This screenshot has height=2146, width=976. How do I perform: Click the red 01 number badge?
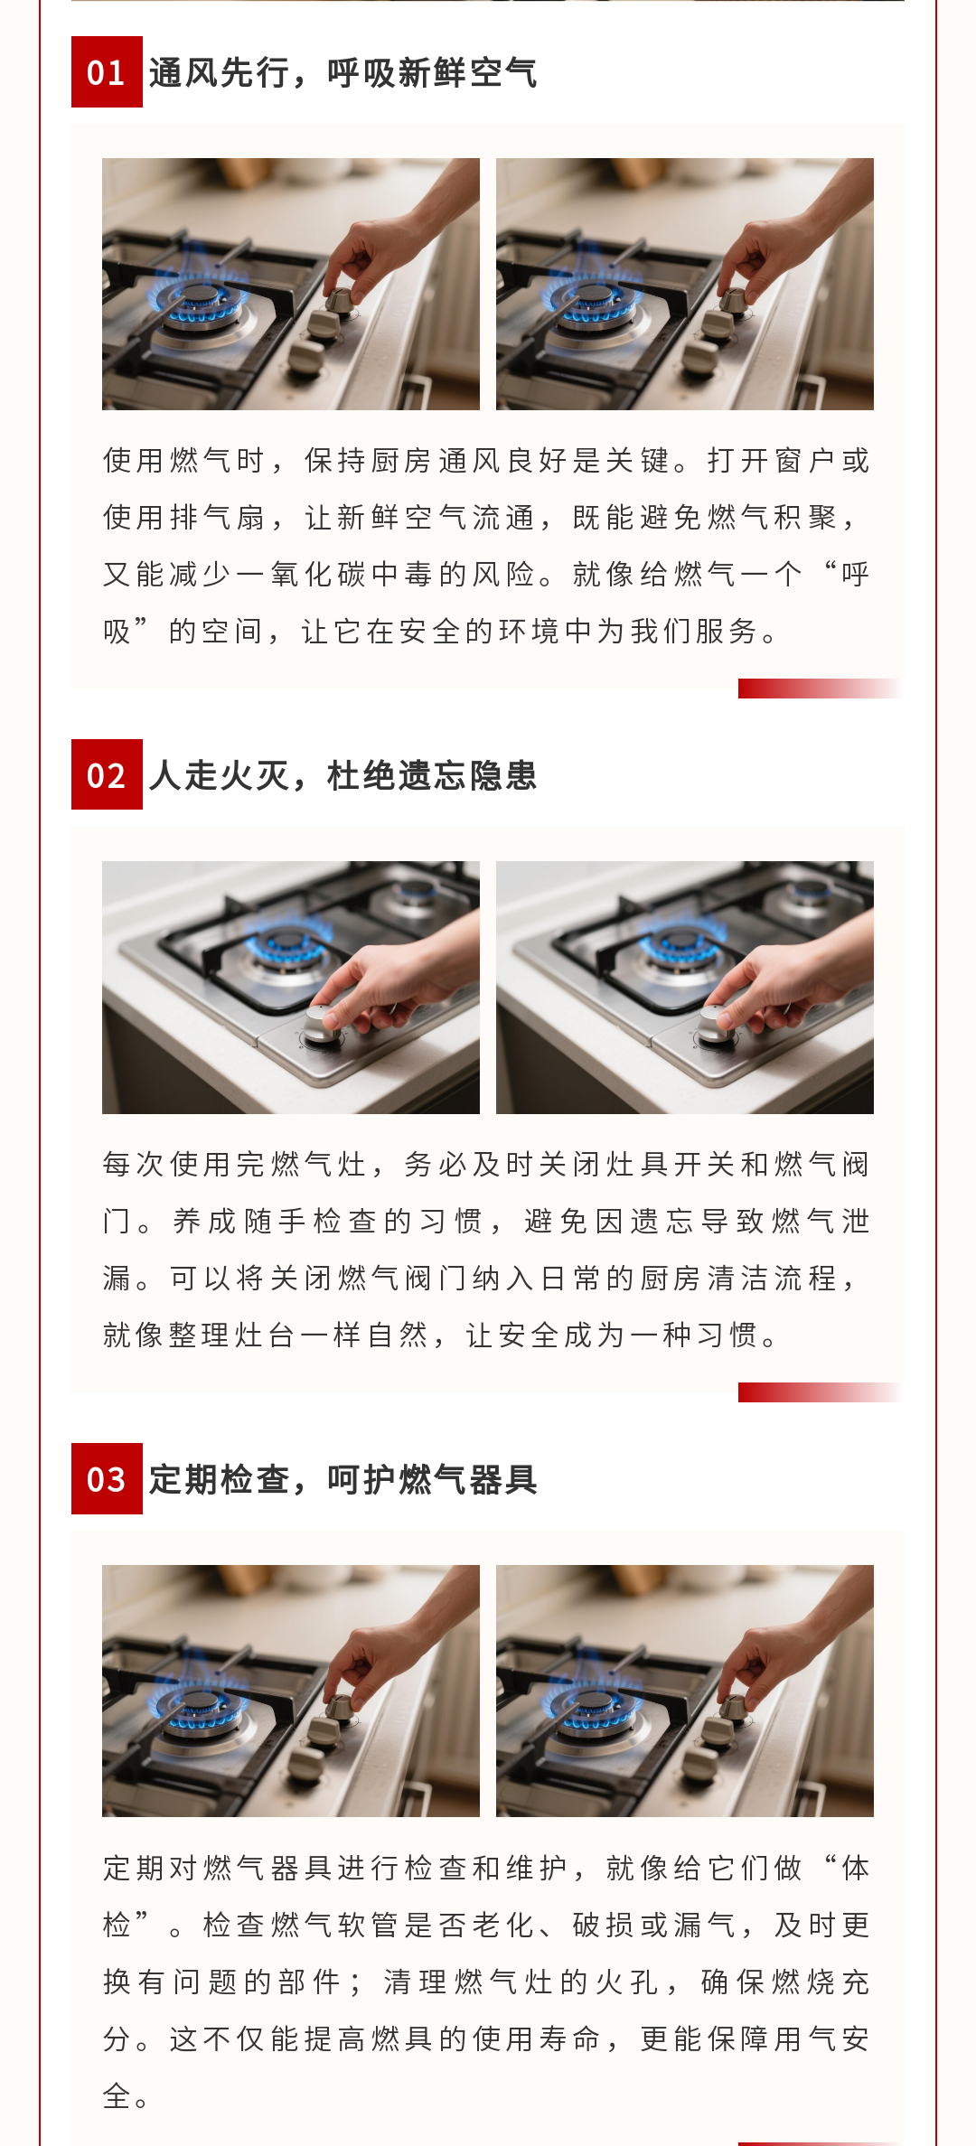click(107, 72)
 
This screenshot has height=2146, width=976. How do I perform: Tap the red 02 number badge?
click(107, 774)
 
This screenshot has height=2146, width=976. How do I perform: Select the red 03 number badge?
click(107, 1478)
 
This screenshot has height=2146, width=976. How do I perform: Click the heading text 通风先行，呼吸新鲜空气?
click(343, 72)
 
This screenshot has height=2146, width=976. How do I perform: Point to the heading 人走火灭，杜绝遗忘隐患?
click(343, 775)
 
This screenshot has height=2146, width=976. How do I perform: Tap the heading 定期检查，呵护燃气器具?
click(343, 1479)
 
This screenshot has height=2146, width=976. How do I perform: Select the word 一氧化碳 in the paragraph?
click(302, 574)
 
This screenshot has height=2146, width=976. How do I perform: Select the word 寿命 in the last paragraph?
click(570, 2038)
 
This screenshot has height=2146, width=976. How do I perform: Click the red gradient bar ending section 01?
click(820, 689)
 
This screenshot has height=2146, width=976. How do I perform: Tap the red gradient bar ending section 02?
click(820, 1392)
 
